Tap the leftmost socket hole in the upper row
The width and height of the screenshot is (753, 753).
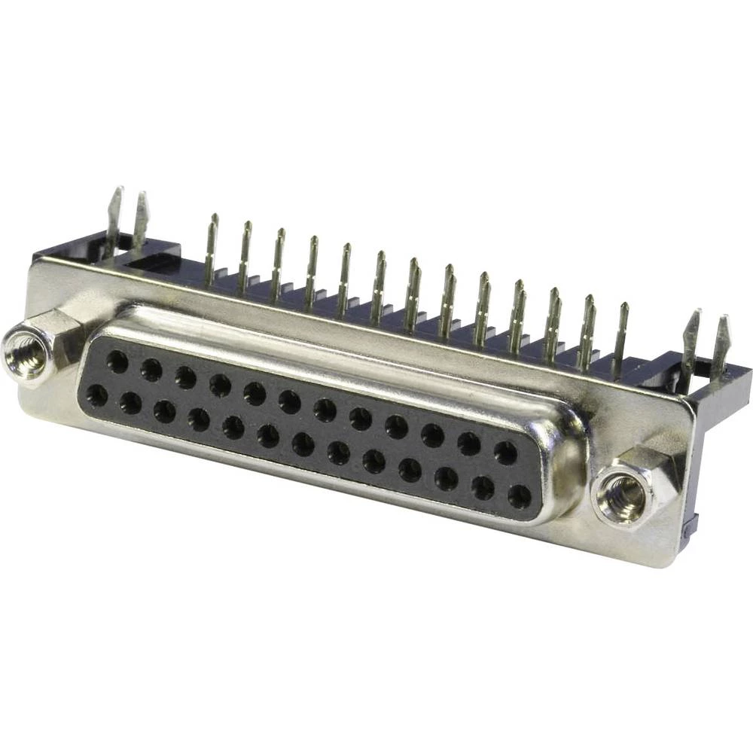click(x=117, y=362)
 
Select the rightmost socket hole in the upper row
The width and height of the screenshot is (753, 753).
click(x=505, y=453)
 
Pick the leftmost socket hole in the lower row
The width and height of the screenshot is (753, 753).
click(x=97, y=395)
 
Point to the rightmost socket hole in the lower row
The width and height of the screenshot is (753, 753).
click(x=519, y=496)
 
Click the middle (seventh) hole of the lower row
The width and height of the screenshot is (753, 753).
click(x=303, y=444)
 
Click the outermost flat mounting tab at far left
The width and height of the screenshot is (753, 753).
click(x=114, y=215)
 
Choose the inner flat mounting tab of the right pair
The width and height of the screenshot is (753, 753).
click(x=691, y=339)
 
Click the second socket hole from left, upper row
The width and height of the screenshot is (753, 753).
click(x=151, y=370)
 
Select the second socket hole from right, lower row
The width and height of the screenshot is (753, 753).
click(x=483, y=488)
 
